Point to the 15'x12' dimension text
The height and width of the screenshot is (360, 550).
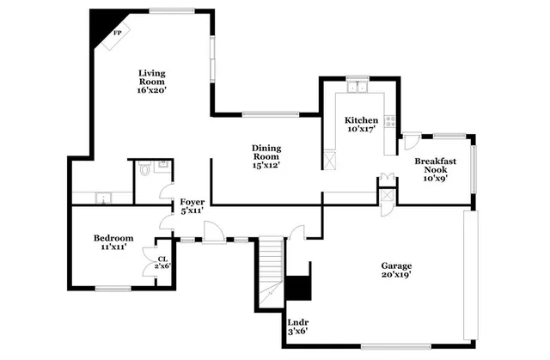point(266,165)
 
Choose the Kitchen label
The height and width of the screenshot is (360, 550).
point(362,120)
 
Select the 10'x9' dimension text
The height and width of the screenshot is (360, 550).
point(435,179)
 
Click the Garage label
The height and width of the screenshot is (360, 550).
point(397,265)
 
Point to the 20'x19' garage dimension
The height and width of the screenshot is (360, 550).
point(397,276)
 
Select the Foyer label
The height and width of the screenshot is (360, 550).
point(192,202)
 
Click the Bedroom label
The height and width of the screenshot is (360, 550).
point(113,237)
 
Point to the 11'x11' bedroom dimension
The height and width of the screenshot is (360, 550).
point(113,247)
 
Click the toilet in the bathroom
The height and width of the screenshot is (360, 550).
point(144,168)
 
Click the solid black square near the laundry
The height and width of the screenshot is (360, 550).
point(297,288)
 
